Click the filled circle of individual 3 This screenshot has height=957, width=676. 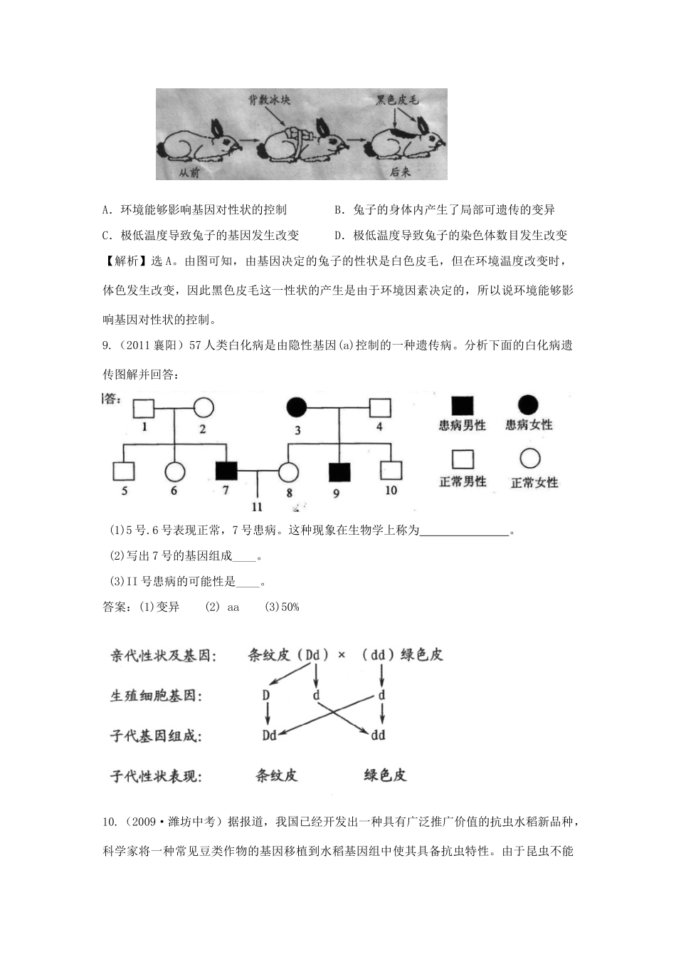[297, 408]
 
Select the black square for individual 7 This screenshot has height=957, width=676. [226, 471]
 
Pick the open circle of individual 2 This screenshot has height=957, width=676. [204, 408]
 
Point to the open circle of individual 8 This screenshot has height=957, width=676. [287, 471]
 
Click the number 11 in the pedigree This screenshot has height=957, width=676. [257, 507]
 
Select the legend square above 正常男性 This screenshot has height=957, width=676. [463, 459]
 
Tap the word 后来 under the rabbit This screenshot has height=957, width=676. [401, 171]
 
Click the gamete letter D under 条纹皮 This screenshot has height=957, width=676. [266, 695]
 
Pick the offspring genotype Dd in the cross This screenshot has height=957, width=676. [269, 735]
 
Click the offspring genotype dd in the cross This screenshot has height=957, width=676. [379, 735]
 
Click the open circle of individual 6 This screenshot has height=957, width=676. [175, 471]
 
